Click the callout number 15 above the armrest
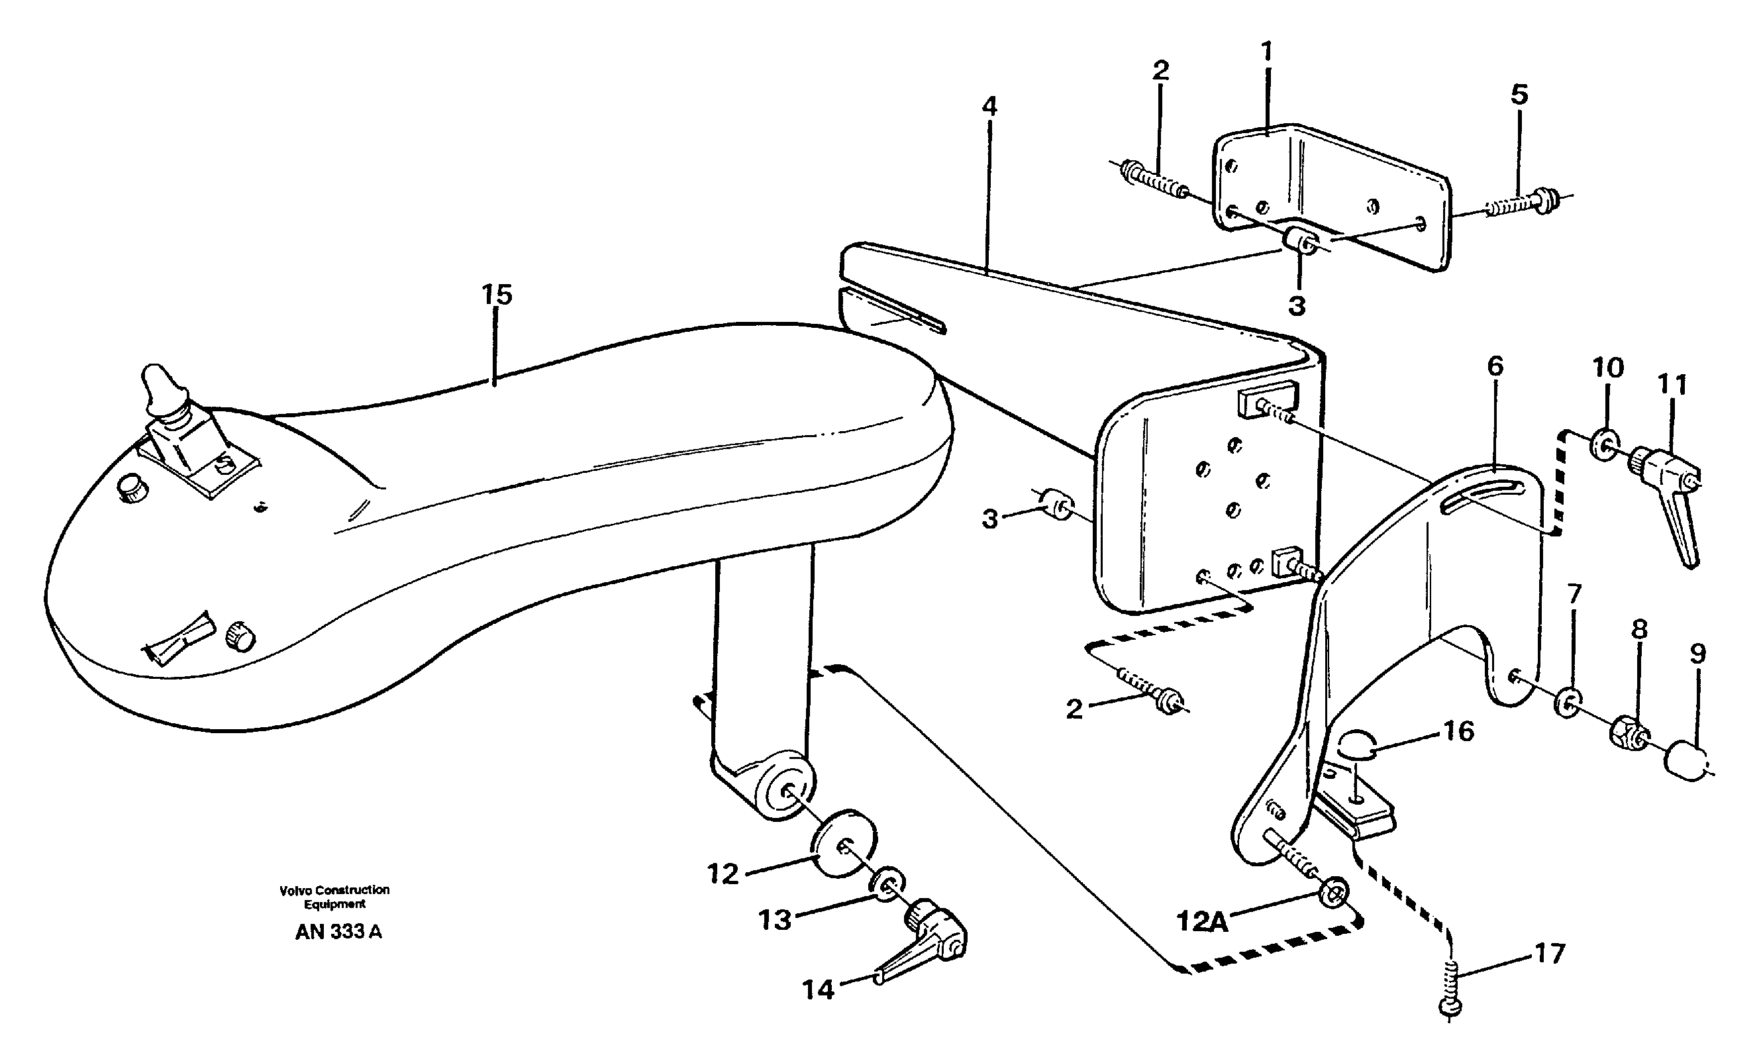pyautogui.click(x=497, y=295)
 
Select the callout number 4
pyautogui.click(x=988, y=107)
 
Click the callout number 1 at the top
pyautogui.click(x=1267, y=52)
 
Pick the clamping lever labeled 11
pyautogui.click(x=1670, y=499)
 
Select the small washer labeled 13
pyautogui.click(x=887, y=885)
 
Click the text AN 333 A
pyautogui.click(x=338, y=932)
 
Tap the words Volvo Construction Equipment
pyautogui.click(x=334, y=896)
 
